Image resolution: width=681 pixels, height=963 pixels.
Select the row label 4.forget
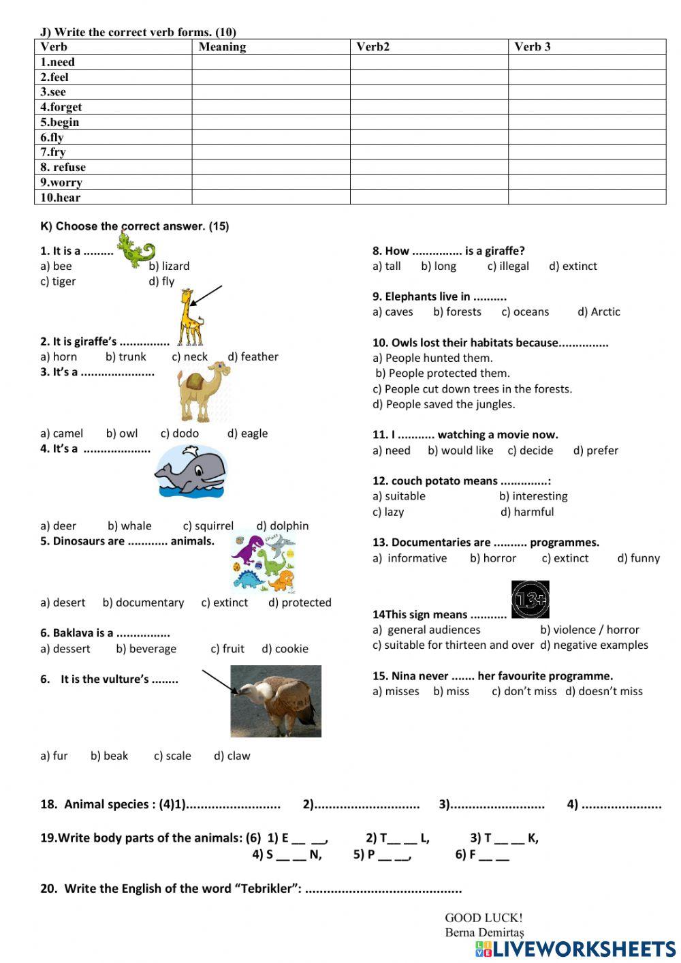[x=61, y=107]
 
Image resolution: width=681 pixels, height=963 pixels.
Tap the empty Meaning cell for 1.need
[x=270, y=62]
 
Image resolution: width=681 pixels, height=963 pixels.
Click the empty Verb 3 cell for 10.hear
[x=586, y=198]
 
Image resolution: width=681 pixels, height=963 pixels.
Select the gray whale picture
[x=190, y=471]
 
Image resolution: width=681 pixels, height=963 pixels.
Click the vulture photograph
[x=276, y=701]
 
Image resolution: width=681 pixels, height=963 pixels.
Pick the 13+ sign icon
[x=530, y=600]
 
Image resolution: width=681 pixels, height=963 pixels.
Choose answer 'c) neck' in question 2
[x=189, y=357]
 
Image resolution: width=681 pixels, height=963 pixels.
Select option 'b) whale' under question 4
[x=129, y=526]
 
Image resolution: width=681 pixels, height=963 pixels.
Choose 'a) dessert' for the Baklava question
[x=65, y=649]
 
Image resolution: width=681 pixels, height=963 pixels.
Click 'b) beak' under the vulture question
[x=109, y=756]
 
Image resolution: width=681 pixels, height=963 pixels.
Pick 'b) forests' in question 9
[x=457, y=312]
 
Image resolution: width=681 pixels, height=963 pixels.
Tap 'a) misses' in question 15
[x=396, y=691]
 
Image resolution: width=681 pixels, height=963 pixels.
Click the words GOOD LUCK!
[x=484, y=918]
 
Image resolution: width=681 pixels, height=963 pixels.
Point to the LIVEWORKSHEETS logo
[x=575, y=949]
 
